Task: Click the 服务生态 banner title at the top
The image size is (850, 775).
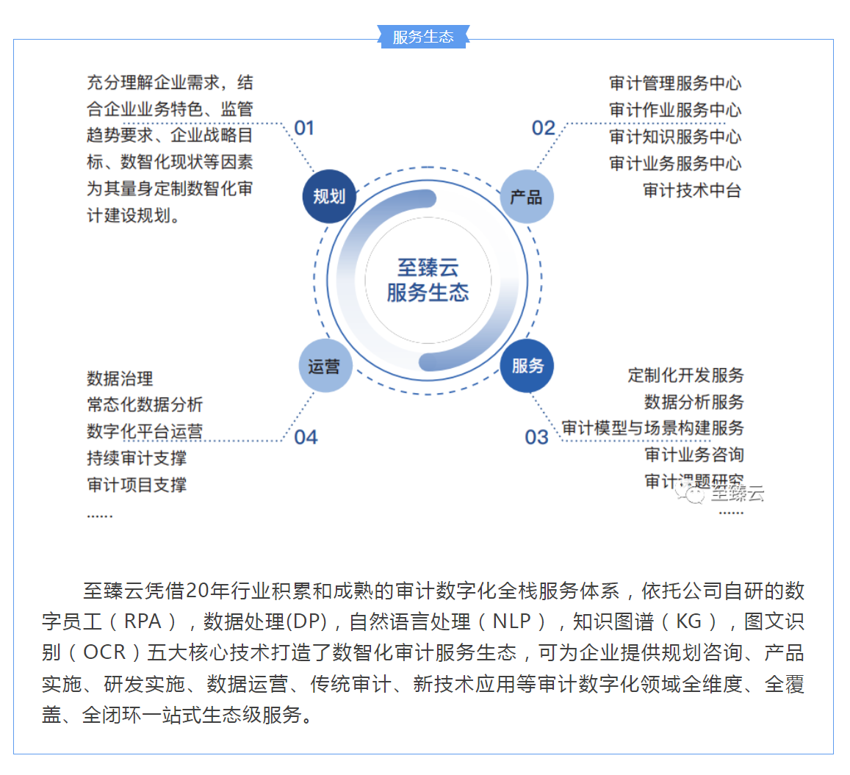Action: [x=423, y=37]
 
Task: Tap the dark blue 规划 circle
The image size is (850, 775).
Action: [x=329, y=196]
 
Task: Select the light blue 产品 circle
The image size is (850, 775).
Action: [x=526, y=197]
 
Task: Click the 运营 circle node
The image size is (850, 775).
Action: [x=325, y=366]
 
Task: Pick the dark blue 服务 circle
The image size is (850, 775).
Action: [x=527, y=365]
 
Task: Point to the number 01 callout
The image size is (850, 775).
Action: [x=304, y=129]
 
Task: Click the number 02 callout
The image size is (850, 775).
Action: [x=544, y=129]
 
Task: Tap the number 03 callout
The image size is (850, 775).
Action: [x=536, y=437]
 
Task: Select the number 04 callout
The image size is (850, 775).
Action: [x=306, y=437]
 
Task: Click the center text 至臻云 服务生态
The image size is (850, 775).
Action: [x=428, y=280]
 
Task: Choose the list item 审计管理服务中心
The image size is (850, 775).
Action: [x=674, y=83]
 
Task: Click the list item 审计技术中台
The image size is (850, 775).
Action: [x=691, y=190]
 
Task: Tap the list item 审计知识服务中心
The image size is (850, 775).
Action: [x=674, y=137]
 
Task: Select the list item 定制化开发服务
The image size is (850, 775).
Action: [x=685, y=375]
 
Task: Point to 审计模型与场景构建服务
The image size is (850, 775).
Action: [x=652, y=428]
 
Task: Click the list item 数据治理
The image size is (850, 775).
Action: [x=120, y=378]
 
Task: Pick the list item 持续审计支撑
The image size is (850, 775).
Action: [x=137, y=458]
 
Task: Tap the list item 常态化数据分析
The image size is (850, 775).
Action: [x=145, y=405]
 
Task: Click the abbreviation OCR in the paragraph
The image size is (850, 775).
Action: [x=104, y=652]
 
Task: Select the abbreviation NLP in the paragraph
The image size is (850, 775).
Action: [x=511, y=621]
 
